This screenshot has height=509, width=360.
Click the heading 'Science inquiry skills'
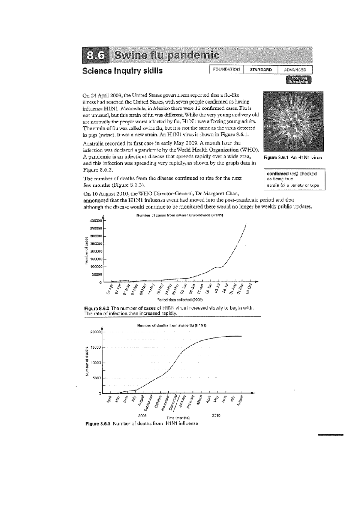point(122,71)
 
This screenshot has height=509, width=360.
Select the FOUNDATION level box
point(226,69)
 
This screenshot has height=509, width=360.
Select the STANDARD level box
point(261,70)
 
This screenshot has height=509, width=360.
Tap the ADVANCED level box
point(295,70)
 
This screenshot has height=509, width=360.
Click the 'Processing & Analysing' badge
point(299,80)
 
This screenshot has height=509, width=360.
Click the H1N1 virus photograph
point(293,122)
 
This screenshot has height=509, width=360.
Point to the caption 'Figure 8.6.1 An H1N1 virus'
point(292,157)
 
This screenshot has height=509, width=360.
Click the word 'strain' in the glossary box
point(272,185)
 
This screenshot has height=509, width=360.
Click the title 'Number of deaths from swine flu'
point(171,325)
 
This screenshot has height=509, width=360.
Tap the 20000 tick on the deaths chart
point(96,332)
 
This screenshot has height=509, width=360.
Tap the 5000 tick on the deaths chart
point(97,378)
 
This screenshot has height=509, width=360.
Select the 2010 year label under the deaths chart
point(216,416)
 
